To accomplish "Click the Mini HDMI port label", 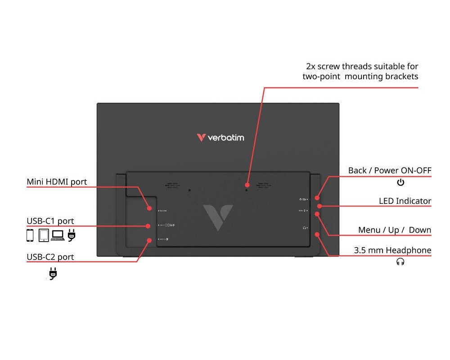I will click(x=57, y=182).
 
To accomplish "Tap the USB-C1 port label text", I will click(x=50, y=221).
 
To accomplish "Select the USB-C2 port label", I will click(x=50, y=257).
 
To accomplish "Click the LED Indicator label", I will click(x=405, y=201).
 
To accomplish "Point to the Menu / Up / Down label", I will click(x=395, y=230).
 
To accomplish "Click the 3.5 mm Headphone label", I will click(x=392, y=250).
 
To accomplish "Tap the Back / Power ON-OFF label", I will click(x=390, y=171).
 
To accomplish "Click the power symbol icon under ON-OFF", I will click(x=400, y=182).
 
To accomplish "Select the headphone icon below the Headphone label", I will click(x=400, y=262).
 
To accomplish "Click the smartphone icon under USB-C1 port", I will click(x=30, y=235).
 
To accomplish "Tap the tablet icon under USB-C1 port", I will click(x=44, y=235).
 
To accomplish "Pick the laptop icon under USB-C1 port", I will click(x=58, y=235).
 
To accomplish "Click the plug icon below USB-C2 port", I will click(x=53, y=273).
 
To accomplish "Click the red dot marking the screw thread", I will click(x=247, y=185).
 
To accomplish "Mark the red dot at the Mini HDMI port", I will click(x=149, y=208).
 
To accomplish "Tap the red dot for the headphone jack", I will click(x=318, y=234).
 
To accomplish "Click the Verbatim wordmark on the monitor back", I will click(x=220, y=137).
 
